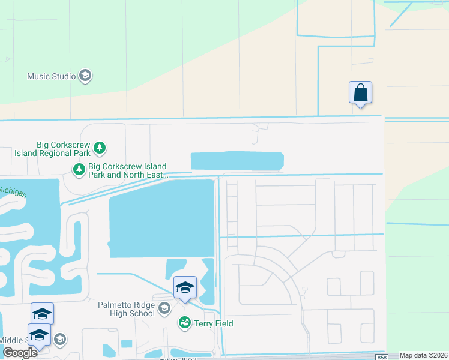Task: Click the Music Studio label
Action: pos(52,76)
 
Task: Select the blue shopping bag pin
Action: pos(360,93)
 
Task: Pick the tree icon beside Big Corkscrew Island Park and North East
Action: pos(79,170)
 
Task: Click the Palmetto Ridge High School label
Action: pos(127,309)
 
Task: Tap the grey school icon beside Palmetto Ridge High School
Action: pos(164,309)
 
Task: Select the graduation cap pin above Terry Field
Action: pos(185,287)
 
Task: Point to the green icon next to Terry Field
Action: pos(184,323)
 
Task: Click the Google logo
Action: pos(20,353)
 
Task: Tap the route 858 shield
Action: pos(382,357)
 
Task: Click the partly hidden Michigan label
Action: pos(12,192)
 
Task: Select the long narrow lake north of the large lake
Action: pos(237,161)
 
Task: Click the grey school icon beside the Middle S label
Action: pos(60,340)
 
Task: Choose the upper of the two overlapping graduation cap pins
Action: pos(43,313)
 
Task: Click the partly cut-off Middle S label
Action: pos(12,340)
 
